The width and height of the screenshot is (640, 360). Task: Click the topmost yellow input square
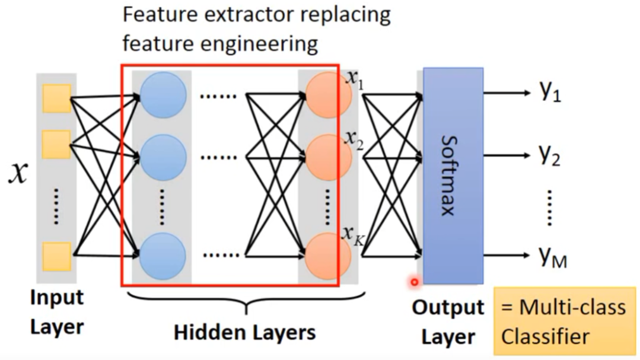tap(57, 98)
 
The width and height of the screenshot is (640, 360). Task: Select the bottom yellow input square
tap(57, 257)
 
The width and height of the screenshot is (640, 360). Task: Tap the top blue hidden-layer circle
tap(163, 95)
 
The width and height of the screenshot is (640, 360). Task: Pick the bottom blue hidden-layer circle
tap(163, 256)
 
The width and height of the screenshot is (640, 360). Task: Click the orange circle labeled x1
tap(328, 95)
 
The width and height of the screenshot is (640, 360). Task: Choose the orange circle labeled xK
tap(328, 256)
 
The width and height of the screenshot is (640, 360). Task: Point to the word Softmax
tap(448, 176)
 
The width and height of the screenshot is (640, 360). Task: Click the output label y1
tap(550, 91)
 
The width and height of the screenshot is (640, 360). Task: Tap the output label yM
tap(553, 257)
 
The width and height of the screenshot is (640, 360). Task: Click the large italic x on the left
tap(18, 173)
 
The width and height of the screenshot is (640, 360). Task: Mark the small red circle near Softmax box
tap(415, 282)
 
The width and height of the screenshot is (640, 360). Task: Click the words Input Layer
tap(57, 312)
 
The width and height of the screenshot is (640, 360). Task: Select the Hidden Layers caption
tap(245, 332)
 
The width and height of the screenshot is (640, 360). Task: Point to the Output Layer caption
tap(448, 323)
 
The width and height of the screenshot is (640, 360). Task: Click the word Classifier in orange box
tap(545, 337)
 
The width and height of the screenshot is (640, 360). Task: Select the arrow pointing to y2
tap(507, 155)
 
